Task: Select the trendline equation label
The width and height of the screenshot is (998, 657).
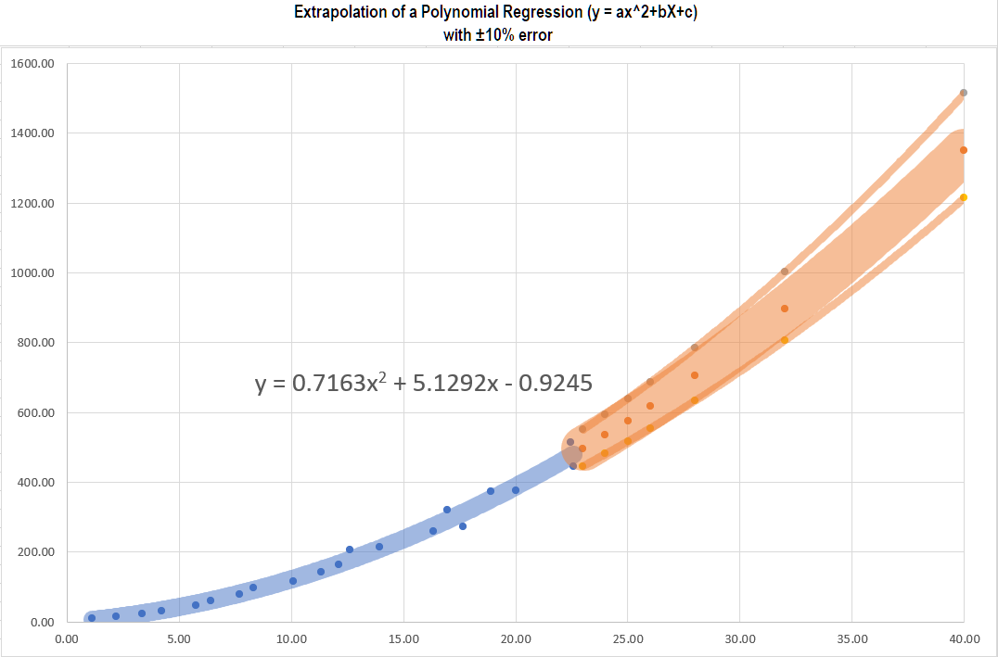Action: pyautogui.click(x=424, y=382)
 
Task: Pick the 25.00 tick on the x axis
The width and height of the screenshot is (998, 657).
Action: pyautogui.click(x=628, y=638)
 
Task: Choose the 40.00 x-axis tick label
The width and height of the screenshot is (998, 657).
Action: pyautogui.click(x=965, y=638)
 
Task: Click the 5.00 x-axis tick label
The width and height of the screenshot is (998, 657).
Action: pyautogui.click(x=179, y=638)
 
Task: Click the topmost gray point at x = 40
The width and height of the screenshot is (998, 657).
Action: pyautogui.click(x=964, y=93)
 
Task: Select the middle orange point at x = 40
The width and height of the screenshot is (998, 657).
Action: pyautogui.click(x=964, y=150)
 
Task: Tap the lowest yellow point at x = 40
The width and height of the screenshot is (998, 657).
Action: pyautogui.click(x=964, y=197)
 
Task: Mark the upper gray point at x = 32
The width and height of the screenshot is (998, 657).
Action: pyautogui.click(x=785, y=272)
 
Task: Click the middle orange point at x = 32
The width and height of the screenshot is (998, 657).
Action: pyautogui.click(x=785, y=309)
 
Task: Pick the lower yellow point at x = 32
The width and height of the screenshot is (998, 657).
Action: pyautogui.click(x=785, y=340)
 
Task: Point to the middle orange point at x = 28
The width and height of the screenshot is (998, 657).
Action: pyautogui.click(x=695, y=375)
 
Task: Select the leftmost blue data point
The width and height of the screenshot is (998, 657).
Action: pyautogui.click(x=92, y=618)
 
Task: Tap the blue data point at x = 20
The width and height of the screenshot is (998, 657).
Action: pyautogui.click(x=516, y=490)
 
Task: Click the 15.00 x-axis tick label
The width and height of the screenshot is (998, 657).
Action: pyautogui.click(x=403, y=638)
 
